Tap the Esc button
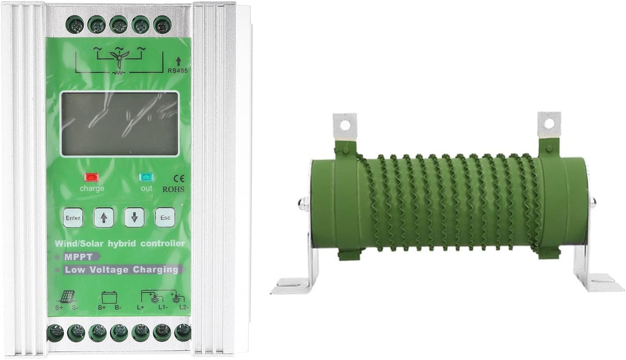point(165,218)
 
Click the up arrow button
point(104,218)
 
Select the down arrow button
point(134,218)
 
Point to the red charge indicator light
point(90,177)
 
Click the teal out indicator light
point(146,177)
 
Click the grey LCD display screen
point(119,123)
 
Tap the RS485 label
point(177,70)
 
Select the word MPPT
point(79,257)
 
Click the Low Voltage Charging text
point(121,270)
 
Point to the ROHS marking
point(173,189)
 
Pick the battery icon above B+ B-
point(108,298)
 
